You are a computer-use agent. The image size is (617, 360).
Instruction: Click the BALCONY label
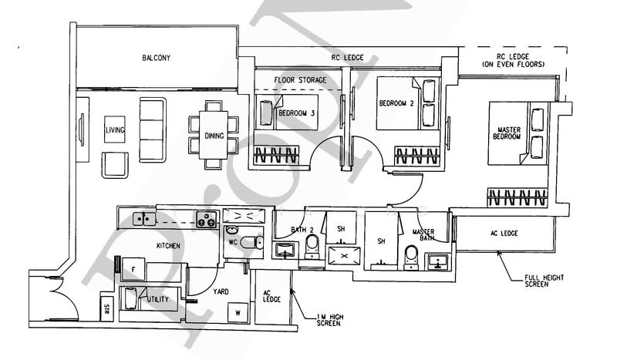click(156, 59)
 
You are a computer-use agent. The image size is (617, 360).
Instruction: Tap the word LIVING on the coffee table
click(115, 130)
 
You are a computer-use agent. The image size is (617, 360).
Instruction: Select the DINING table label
click(214, 136)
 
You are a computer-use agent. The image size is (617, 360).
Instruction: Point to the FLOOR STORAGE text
click(300, 79)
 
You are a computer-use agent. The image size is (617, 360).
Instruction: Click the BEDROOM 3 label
click(297, 113)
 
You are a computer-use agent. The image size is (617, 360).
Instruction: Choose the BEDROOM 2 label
click(396, 103)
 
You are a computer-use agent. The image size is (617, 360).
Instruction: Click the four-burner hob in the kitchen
click(206, 219)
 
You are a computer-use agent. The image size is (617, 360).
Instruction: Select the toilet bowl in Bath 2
click(312, 245)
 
